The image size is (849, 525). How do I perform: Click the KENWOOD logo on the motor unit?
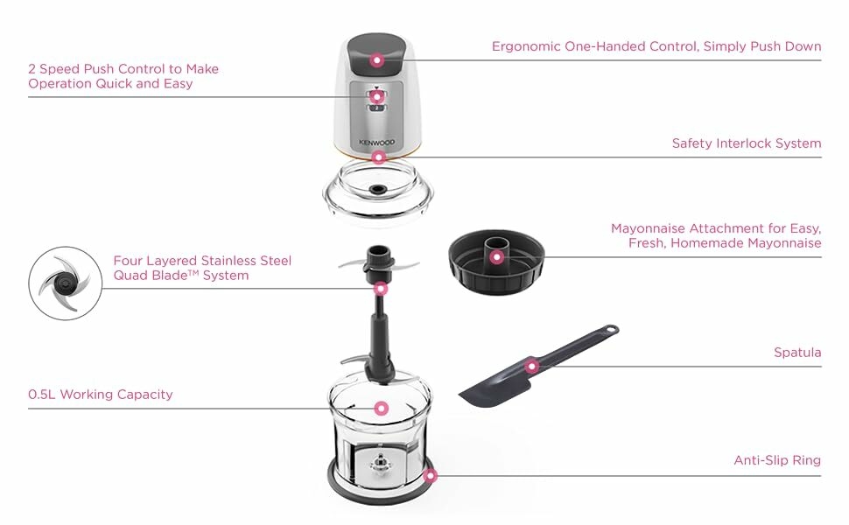tap(377, 143)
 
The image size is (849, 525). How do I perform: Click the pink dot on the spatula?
tap(531, 367)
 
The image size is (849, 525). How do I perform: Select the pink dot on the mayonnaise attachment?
tap(496, 257)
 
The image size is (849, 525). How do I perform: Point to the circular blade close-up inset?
tap(65, 283)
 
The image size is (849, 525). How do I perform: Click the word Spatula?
tap(797, 353)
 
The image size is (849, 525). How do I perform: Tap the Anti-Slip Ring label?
tap(777, 460)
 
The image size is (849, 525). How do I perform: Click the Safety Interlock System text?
tap(747, 143)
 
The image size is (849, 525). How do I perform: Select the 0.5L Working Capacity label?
tap(100, 395)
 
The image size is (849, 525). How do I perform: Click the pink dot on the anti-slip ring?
tap(430, 476)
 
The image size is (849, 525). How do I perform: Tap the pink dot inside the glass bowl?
tap(382, 408)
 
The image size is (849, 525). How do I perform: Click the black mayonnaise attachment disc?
tap(496, 262)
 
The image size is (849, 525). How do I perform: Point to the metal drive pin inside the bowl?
tap(381, 463)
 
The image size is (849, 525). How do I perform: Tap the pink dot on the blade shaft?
tap(382, 289)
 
